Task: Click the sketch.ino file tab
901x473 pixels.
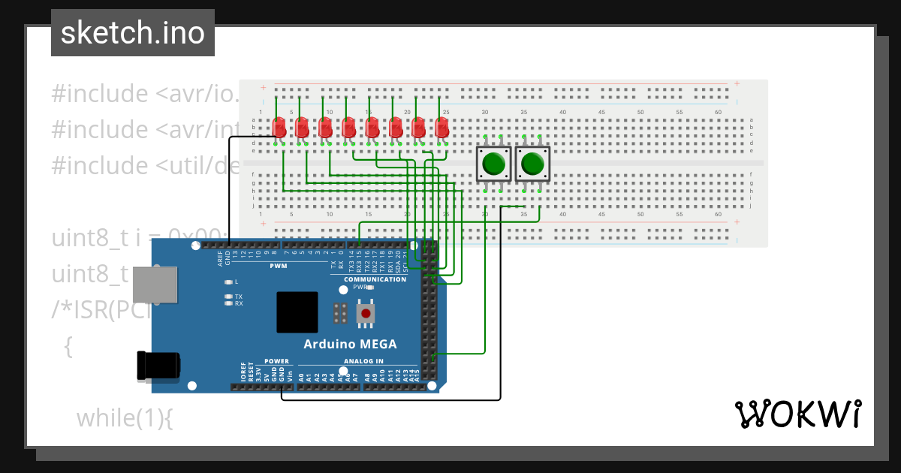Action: click(x=133, y=33)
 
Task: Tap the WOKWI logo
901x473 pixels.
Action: click(x=797, y=414)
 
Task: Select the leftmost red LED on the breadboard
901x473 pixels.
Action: click(x=279, y=128)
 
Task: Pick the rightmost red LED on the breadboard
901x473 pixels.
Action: click(x=442, y=128)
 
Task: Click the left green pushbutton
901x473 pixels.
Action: click(x=493, y=163)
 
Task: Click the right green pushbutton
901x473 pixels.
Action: click(x=532, y=163)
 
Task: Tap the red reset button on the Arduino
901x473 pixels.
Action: click(x=366, y=313)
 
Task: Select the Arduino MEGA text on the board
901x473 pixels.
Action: click(x=350, y=345)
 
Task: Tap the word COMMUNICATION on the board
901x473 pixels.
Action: click(x=375, y=279)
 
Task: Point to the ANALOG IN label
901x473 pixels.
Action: click(x=363, y=361)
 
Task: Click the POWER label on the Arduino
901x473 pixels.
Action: click(x=276, y=361)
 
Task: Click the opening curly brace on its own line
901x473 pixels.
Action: click(x=68, y=346)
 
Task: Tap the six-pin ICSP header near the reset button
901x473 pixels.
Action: click(x=339, y=313)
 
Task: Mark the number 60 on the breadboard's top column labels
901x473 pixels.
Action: click(x=718, y=112)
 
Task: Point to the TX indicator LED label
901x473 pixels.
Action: click(x=239, y=297)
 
